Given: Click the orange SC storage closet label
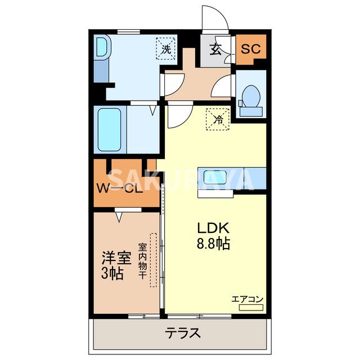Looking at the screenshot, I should [251, 49].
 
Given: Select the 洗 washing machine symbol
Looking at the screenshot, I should [166, 48].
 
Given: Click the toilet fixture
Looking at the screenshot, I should [250, 96].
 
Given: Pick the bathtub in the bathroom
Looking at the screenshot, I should [110, 129].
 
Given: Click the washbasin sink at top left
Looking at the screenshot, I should [101, 48].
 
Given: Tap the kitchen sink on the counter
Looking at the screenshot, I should [215, 177].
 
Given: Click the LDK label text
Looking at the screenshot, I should [212, 229].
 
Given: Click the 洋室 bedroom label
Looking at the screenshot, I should [116, 259].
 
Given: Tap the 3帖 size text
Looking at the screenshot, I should [113, 274].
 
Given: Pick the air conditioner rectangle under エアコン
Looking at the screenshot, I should [251, 308].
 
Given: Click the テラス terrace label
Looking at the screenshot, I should [182, 333].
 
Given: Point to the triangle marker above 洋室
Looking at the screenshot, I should [119, 215].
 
